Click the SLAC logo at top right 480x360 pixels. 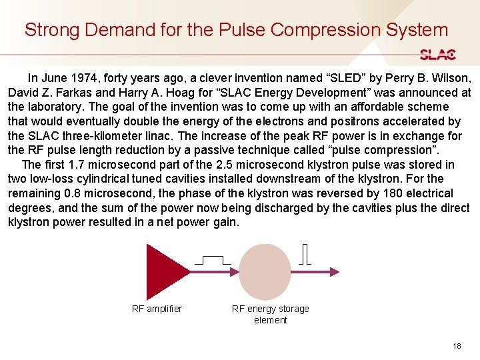(437, 55)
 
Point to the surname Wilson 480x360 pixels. (449, 77)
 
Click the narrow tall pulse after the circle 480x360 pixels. (305, 255)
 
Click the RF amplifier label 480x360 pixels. (157, 309)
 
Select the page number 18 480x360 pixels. (457, 346)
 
